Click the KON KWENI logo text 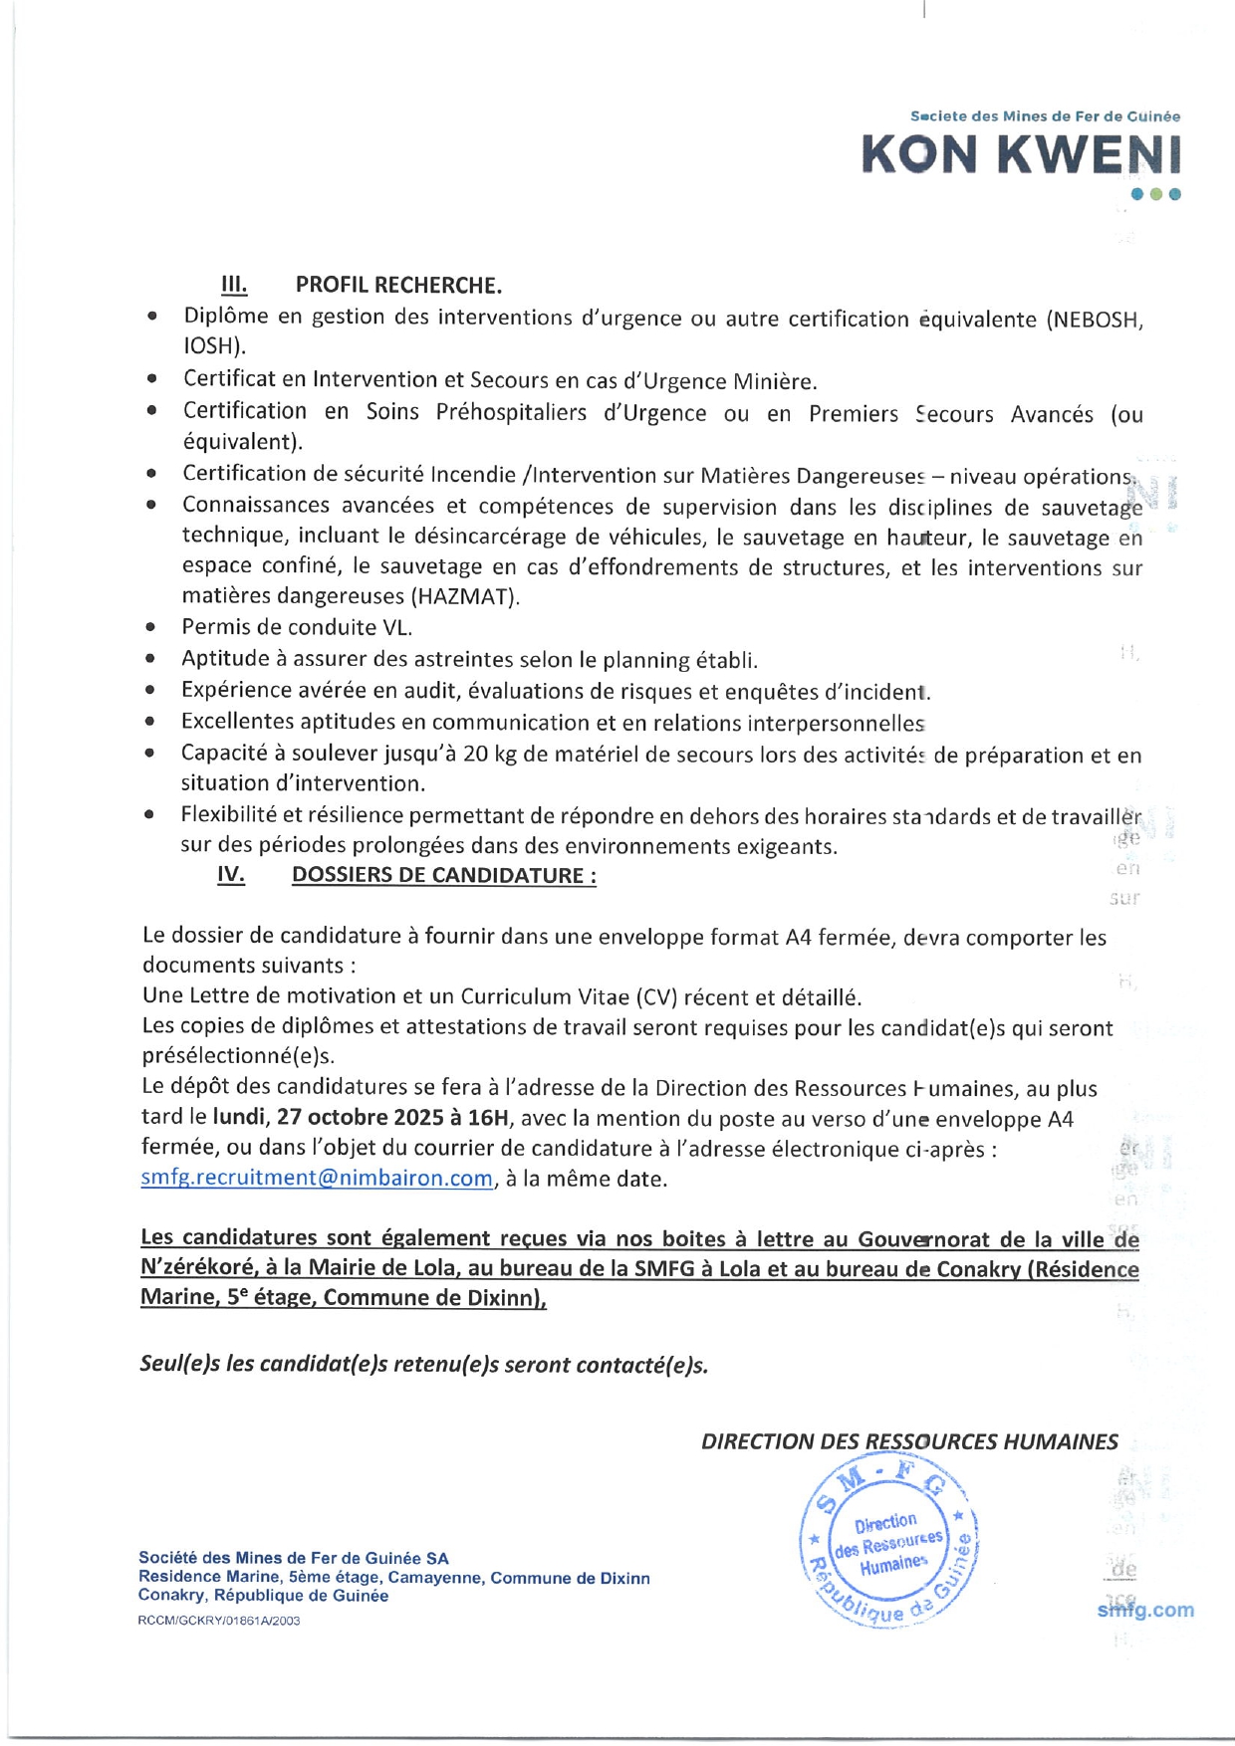[x=1021, y=155]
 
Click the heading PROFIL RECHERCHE [x=398, y=286]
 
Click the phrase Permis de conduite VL [x=297, y=627]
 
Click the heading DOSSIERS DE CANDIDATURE [x=443, y=875]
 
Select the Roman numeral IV [x=231, y=875]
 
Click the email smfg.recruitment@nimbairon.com [x=317, y=1179]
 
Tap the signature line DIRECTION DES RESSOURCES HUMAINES [x=909, y=1442]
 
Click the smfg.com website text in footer [x=1145, y=1610]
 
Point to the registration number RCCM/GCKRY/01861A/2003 [x=219, y=1621]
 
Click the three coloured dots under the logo [x=1155, y=194]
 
